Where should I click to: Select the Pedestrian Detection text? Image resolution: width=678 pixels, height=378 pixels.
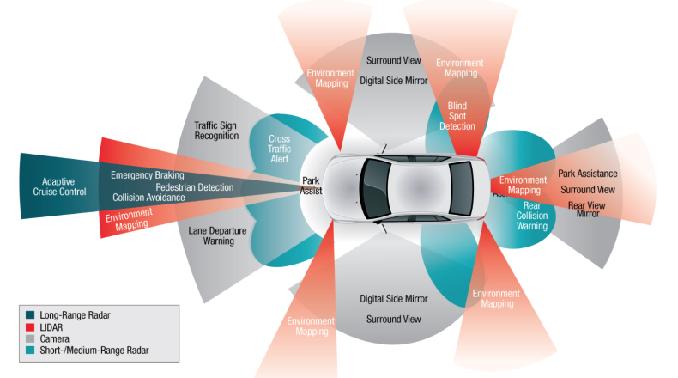(195, 186)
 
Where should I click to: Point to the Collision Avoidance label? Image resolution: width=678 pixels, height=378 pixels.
(148, 198)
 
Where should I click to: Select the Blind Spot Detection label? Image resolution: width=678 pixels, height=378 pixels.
(456, 116)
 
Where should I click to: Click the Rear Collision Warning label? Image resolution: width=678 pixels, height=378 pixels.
(531, 216)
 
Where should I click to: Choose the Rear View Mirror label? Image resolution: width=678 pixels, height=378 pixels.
(588, 209)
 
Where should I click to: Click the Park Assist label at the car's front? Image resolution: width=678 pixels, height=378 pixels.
(311, 186)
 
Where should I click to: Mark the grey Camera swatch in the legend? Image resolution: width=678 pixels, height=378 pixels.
(30, 338)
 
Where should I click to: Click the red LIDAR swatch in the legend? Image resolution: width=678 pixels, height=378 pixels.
(30, 327)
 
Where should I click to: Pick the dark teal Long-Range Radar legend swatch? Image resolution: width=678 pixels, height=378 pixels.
(30, 315)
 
